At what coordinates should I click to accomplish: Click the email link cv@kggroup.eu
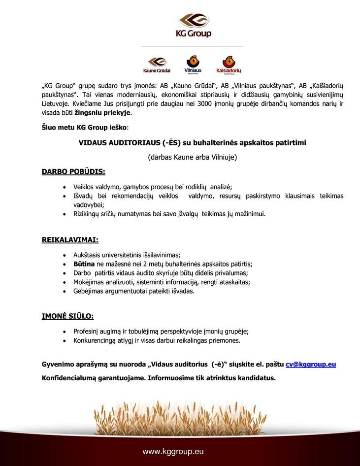pyautogui.click(x=311, y=365)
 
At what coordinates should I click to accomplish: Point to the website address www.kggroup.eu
pyautogui.click(x=173, y=451)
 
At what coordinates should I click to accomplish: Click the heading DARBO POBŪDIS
pyautogui.click(x=73, y=172)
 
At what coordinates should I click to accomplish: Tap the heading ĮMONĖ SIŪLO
pyautogui.click(x=67, y=316)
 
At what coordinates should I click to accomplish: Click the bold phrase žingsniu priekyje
pyautogui.click(x=103, y=113)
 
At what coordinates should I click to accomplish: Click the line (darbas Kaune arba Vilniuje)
pyautogui.click(x=193, y=158)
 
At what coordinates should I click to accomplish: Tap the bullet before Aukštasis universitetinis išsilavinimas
pyautogui.click(x=65, y=255)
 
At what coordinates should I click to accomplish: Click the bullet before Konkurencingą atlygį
pyautogui.click(x=65, y=340)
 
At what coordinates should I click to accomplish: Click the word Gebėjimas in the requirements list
pyautogui.click(x=88, y=291)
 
